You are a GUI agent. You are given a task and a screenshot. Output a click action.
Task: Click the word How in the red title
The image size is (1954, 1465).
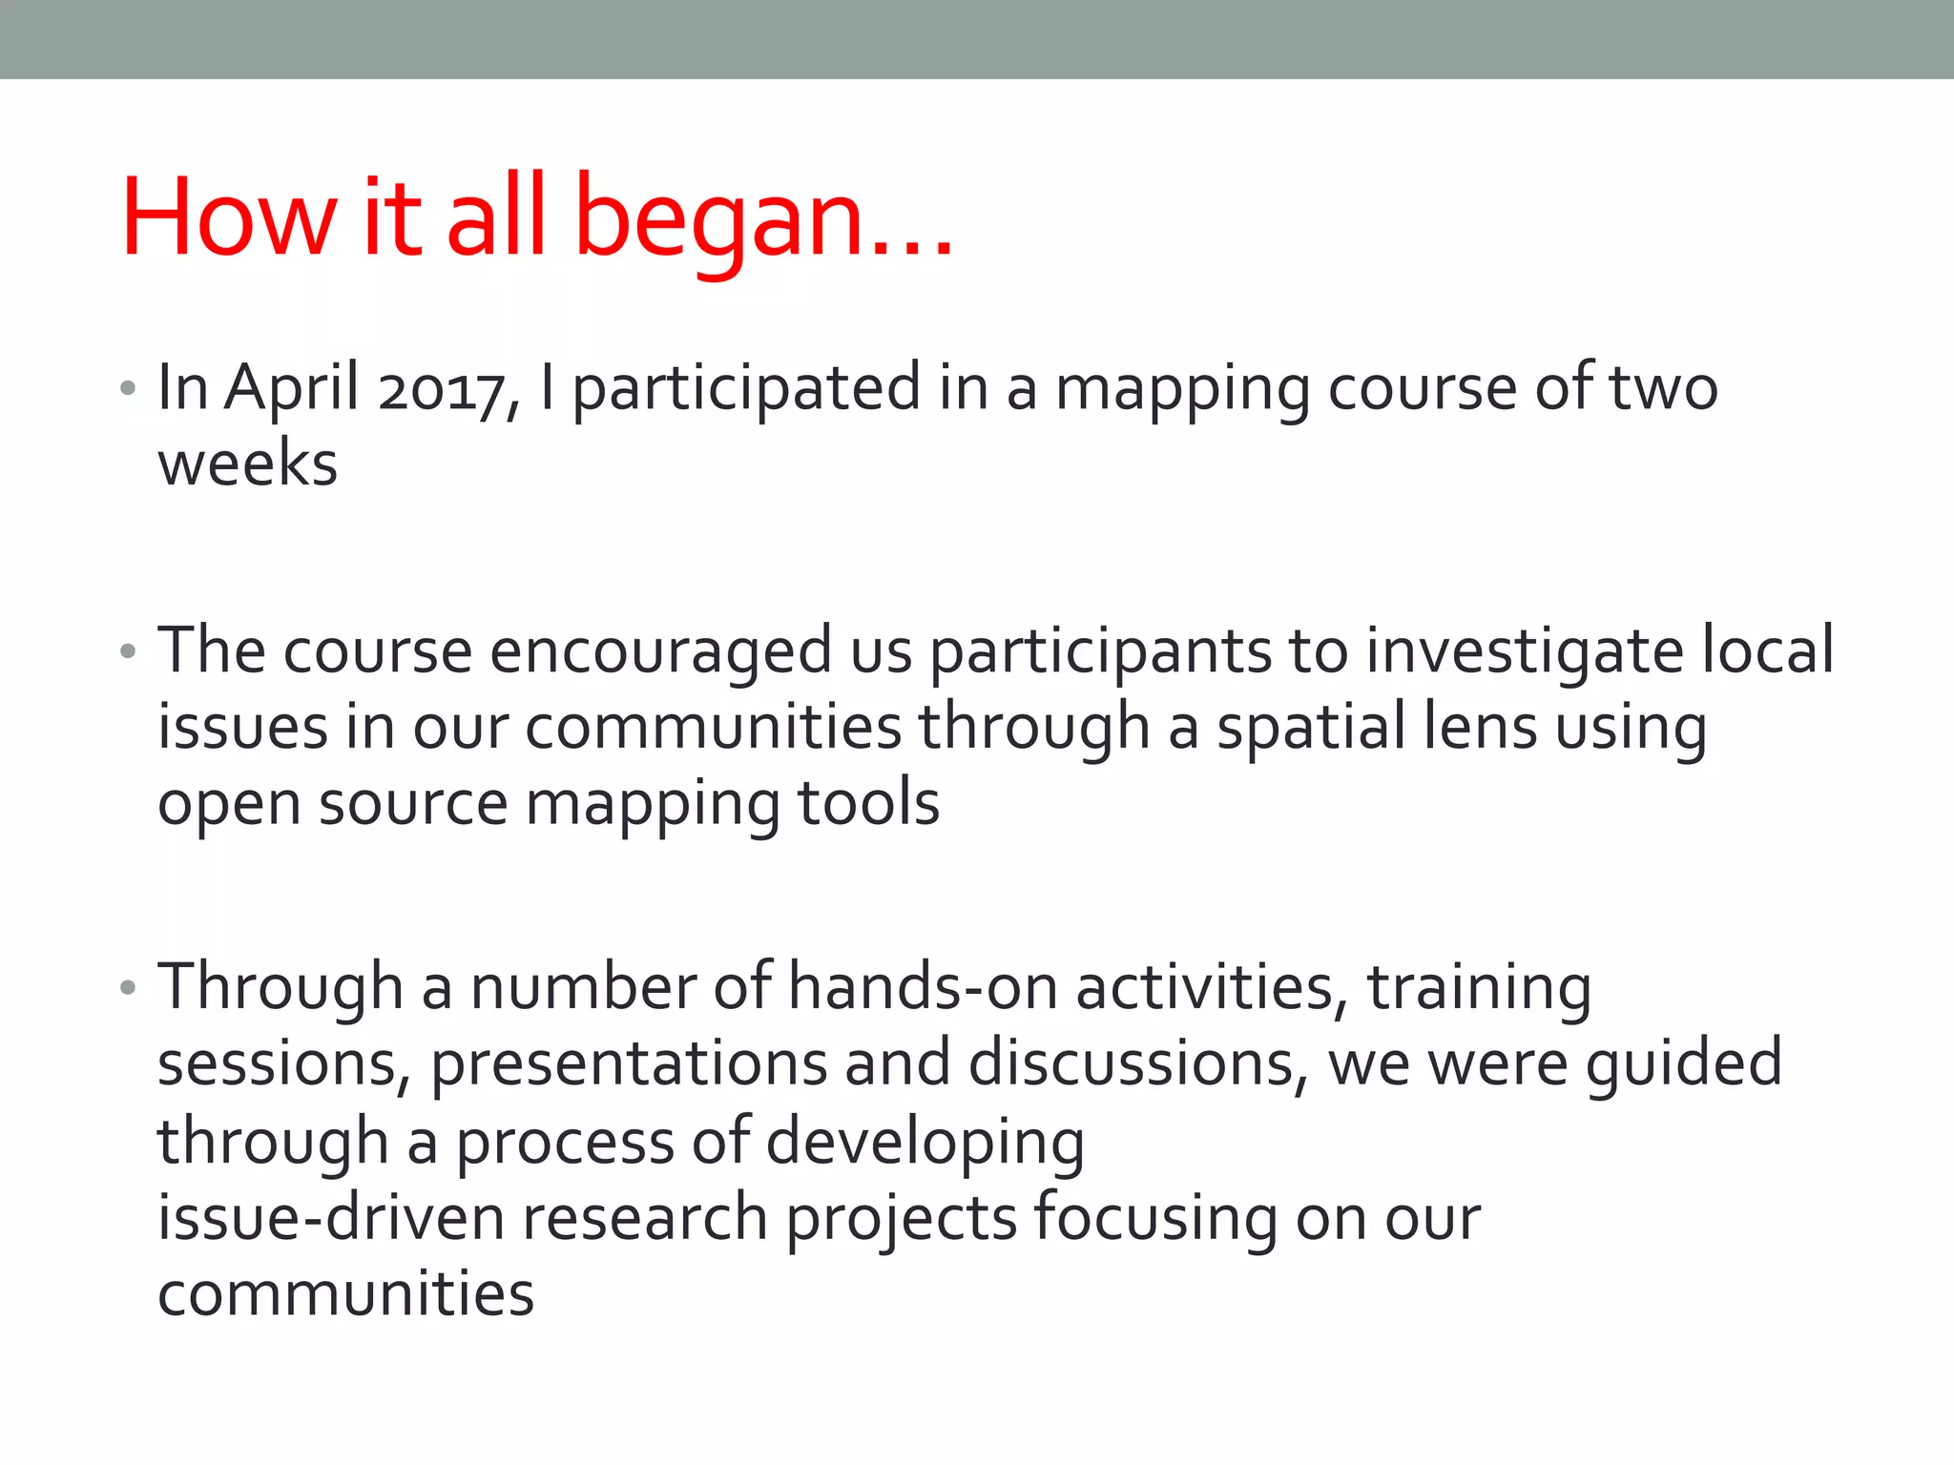[229, 217]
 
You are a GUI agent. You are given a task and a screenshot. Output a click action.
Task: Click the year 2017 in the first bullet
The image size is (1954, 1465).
[442, 389]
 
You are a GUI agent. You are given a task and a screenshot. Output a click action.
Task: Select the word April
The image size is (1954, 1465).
[292, 389]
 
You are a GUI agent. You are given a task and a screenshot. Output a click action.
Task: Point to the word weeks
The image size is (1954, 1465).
[248, 464]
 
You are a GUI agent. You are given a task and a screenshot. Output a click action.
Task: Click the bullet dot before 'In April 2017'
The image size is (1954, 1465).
[129, 389]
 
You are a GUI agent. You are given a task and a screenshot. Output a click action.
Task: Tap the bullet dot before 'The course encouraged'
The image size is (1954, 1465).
[129, 652]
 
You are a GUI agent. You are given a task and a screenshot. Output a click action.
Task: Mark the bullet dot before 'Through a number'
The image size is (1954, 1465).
[129, 988]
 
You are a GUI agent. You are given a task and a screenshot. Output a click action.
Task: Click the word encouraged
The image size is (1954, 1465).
[661, 652]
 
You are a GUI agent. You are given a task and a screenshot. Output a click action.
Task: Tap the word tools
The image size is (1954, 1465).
[868, 804]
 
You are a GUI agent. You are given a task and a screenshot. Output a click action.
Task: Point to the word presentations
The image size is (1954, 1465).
[629, 1064]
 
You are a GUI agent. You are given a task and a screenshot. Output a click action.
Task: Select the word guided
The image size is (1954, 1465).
[1684, 1064]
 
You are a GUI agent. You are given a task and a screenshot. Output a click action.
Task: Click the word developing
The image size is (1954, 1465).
[925, 1143]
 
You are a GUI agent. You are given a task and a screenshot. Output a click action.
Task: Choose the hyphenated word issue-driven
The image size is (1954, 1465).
[331, 1219]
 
